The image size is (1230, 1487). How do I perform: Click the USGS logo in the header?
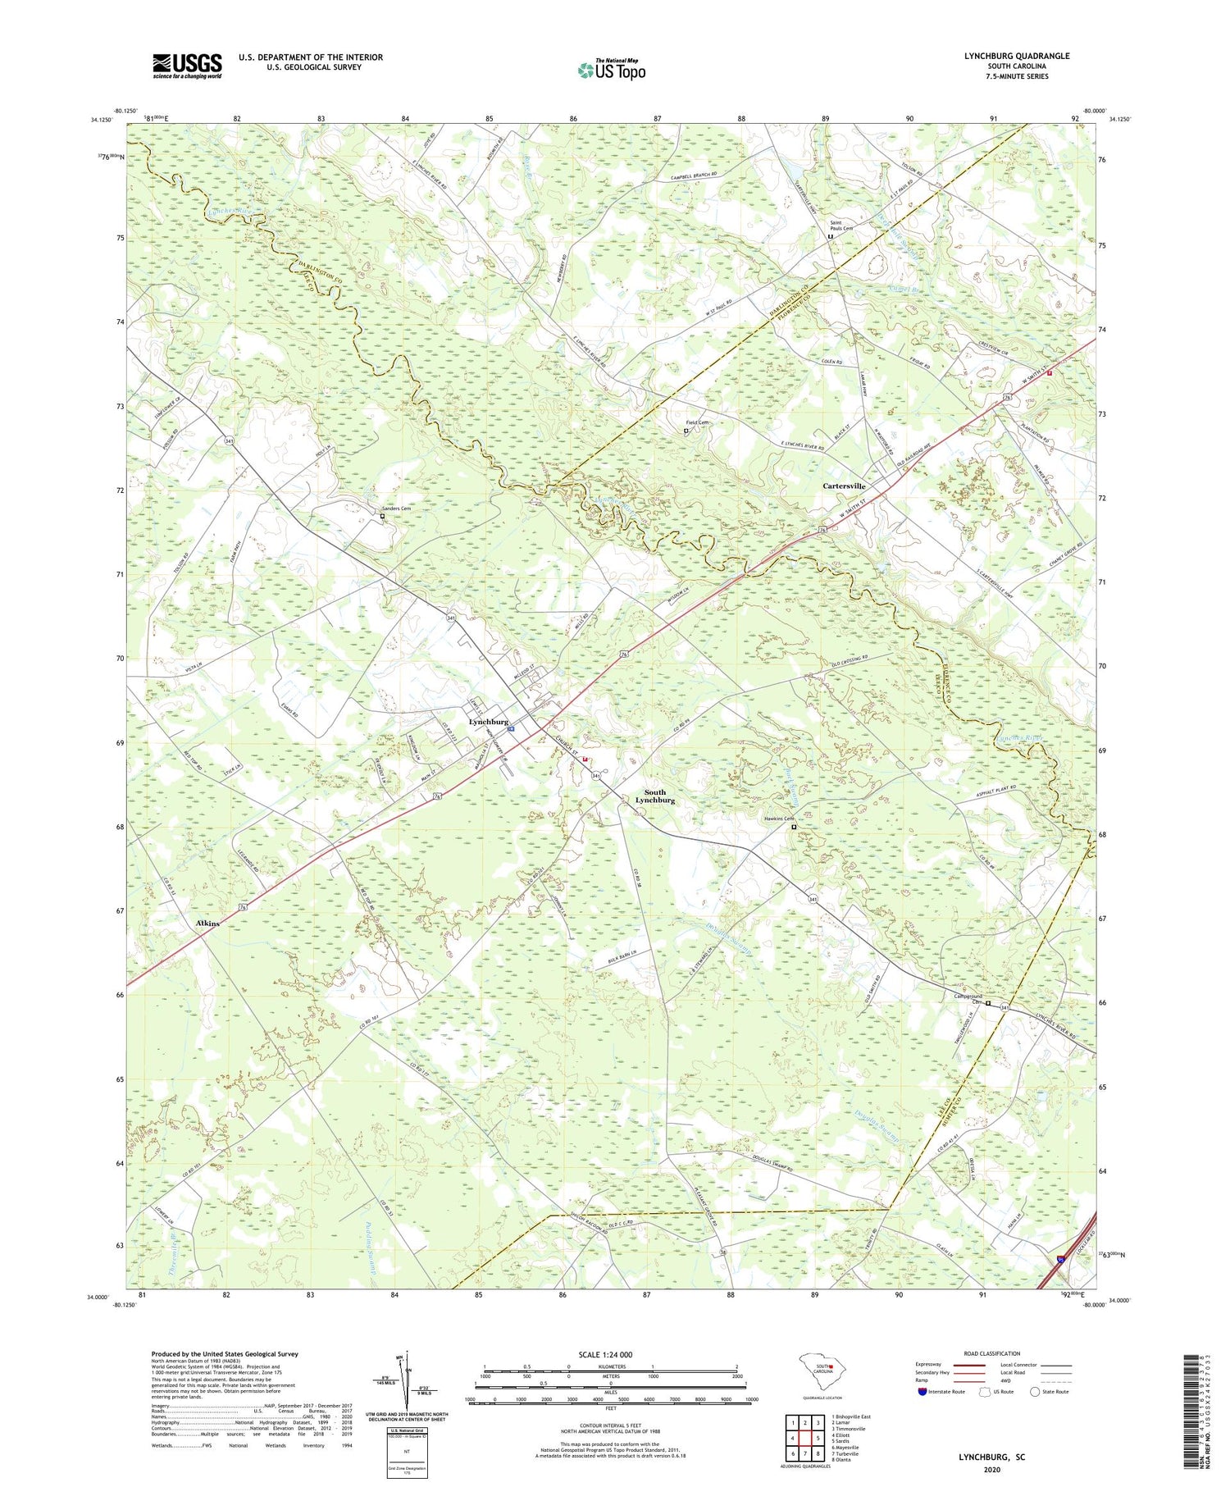coord(187,66)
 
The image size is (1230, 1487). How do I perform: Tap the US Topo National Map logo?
coord(611,70)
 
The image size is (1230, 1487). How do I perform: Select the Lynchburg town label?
coord(488,722)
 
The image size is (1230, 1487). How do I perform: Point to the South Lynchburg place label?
coord(654,796)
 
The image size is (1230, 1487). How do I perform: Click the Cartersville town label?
coord(844,486)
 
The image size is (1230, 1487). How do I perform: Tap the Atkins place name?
coord(207,924)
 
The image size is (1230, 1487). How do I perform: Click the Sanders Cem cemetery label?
coord(395,509)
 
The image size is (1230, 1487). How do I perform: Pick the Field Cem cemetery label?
coord(697,422)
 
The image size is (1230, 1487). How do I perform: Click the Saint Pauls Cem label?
coord(841,225)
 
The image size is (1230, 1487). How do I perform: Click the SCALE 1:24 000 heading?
coord(604,1354)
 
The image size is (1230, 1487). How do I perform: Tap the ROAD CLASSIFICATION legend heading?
coord(992,1353)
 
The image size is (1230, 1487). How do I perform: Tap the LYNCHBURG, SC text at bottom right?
coord(991,1457)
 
